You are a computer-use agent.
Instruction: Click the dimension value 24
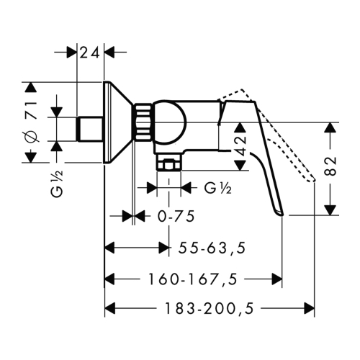(x=89, y=53)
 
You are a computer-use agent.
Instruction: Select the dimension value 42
(x=240, y=146)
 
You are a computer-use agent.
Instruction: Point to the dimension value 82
(x=331, y=167)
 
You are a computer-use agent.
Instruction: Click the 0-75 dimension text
(x=176, y=216)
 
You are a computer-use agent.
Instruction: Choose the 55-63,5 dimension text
(x=212, y=248)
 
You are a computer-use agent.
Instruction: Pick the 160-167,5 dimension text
(x=193, y=279)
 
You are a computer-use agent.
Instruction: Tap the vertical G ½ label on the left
(x=57, y=183)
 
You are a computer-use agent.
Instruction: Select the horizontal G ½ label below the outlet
(x=218, y=188)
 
